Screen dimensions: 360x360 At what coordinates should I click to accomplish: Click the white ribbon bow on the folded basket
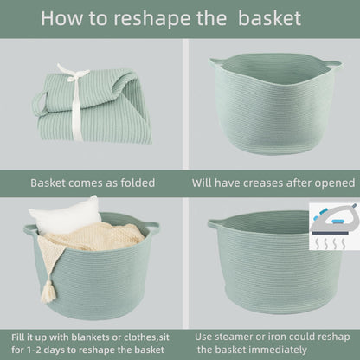(74, 82)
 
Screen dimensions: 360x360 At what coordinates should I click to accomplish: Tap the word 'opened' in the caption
(331, 183)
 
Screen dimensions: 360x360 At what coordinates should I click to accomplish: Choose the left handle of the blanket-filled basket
(31, 230)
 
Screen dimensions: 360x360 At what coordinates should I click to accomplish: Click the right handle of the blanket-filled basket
(153, 227)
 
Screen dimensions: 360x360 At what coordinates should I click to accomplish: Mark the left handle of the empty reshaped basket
(214, 224)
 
